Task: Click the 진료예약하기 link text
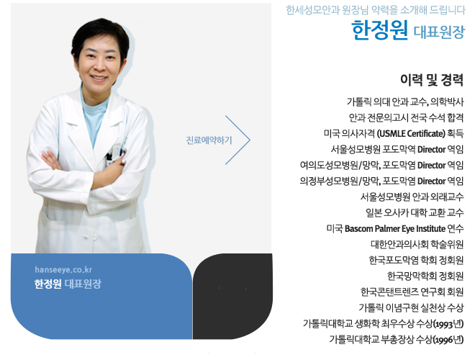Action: [x=209, y=140]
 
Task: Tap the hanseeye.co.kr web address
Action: [x=63, y=269]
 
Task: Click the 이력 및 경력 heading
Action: [x=432, y=80]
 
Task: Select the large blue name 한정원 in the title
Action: [x=379, y=30]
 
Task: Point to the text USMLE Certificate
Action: [x=411, y=133]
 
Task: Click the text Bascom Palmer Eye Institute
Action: [x=395, y=228]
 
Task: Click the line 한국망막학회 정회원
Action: [x=425, y=276]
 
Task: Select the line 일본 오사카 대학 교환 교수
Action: [x=415, y=212]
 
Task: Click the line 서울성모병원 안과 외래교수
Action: [x=412, y=197]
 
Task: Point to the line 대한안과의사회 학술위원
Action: [x=417, y=244]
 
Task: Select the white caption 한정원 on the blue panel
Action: [x=48, y=284]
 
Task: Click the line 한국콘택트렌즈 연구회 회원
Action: [x=412, y=292]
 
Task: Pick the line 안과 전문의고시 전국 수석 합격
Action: [x=406, y=117]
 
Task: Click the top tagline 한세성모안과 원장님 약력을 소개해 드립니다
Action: [x=376, y=10]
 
